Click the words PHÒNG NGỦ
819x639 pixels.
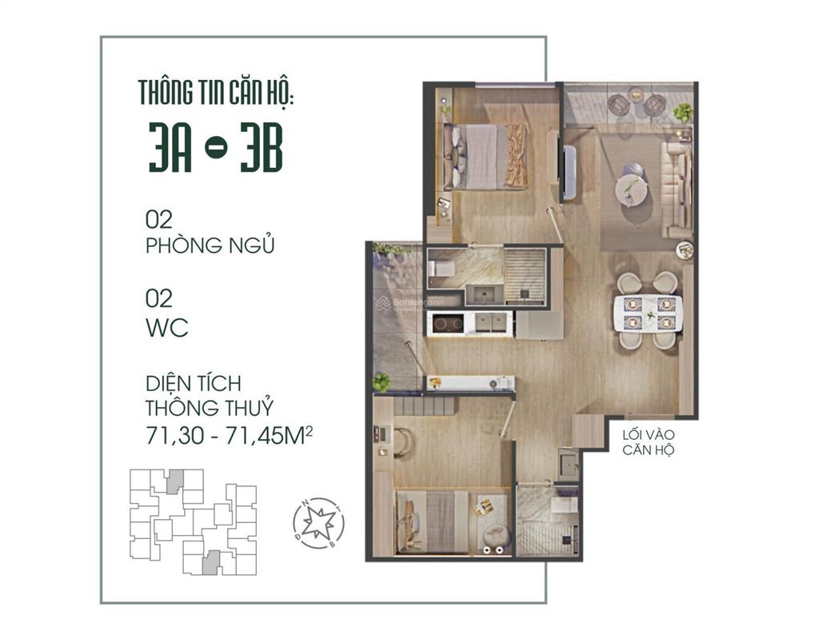pyautogui.click(x=210, y=246)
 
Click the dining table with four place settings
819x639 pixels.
pyautogui.click(x=647, y=313)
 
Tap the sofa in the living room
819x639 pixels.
pyautogui.click(x=677, y=186)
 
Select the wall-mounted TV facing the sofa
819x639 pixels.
pyautogui.click(x=569, y=171)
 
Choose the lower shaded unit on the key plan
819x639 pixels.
pyautogui.click(x=210, y=562)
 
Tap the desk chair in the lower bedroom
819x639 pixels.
pyautogui.click(x=402, y=441)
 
